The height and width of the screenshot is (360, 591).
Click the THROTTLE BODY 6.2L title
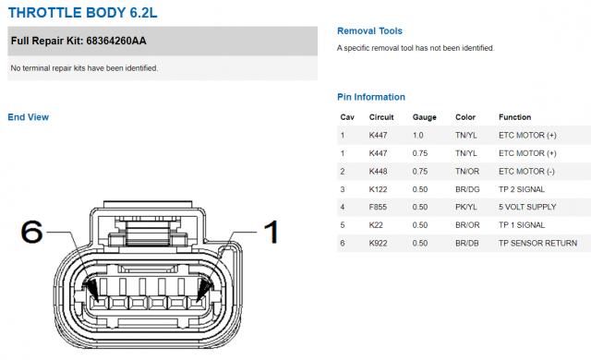(82, 13)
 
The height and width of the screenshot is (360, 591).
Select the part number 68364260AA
(116, 41)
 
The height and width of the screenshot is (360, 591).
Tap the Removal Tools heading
(369, 30)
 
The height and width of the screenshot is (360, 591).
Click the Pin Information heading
(371, 97)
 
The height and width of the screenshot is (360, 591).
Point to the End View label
(29, 117)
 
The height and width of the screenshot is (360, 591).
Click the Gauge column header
(425, 117)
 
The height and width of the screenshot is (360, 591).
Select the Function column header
(515, 117)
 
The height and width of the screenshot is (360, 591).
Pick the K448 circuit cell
(378, 172)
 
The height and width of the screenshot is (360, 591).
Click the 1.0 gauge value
(418, 135)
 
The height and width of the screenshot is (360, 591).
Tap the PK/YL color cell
(465, 207)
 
